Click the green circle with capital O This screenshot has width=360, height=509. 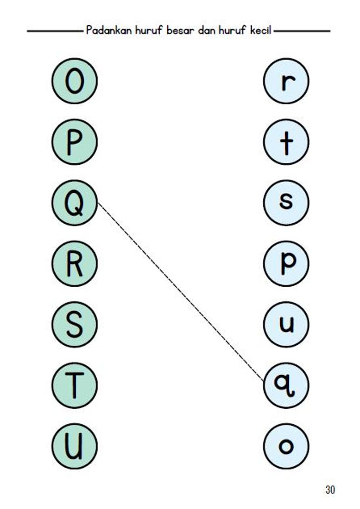74,81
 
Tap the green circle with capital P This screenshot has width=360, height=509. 74,142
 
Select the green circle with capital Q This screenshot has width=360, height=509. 74,203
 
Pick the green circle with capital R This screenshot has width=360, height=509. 74,264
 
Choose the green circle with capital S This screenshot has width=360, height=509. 74,324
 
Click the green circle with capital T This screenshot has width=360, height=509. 74,385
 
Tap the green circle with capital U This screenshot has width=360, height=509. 74,446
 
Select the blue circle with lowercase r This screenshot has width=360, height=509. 286,81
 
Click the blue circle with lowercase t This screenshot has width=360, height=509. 286,142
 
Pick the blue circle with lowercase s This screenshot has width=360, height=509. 286,203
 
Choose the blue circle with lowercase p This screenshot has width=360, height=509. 286,264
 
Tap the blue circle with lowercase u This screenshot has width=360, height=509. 286,324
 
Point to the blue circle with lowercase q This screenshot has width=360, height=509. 286,385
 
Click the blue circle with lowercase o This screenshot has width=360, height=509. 286,446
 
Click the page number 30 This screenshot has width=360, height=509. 330,489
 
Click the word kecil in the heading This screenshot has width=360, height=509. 260,30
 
